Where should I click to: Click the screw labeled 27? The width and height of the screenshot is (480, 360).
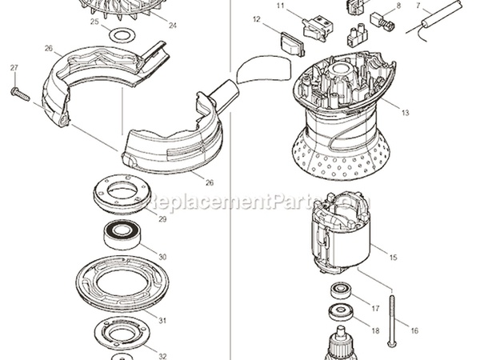click(18, 94)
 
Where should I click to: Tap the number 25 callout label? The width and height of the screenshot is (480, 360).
click(94, 23)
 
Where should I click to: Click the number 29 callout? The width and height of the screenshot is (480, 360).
click(162, 219)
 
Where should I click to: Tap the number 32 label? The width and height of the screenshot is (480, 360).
click(162, 356)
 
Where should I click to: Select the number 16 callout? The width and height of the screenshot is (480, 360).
click(414, 330)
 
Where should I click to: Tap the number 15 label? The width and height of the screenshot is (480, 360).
click(393, 258)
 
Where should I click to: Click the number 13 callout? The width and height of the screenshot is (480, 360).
click(405, 113)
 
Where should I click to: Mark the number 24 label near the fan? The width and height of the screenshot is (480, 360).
click(172, 26)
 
